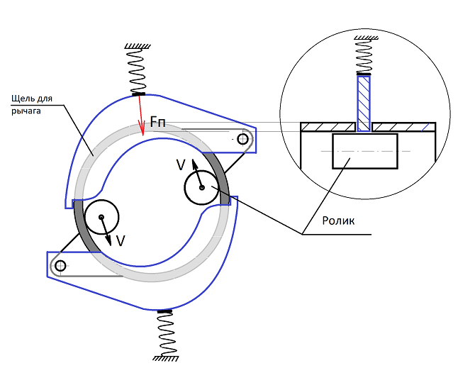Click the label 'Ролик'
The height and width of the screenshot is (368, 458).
[x=338, y=221]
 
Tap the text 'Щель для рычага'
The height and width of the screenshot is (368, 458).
[x=32, y=104]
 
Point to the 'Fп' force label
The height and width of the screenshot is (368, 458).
[x=157, y=121]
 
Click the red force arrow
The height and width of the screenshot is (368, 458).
[x=141, y=116]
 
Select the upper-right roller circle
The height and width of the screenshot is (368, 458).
[x=201, y=187]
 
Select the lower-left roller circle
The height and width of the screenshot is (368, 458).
[x=101, y=217]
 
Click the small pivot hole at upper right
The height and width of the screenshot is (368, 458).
[x=242, y=139]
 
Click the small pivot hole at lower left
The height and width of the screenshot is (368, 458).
[x=60, y=266]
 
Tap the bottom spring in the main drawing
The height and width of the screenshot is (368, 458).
[x=166, y=333]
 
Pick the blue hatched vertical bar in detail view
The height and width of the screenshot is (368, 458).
[x=364, y=104]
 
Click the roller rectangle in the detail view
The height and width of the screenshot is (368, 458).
[x=365, y=151]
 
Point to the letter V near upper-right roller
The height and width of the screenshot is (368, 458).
[x=181, y=165]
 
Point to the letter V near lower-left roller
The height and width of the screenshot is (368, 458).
[x=121, y=241]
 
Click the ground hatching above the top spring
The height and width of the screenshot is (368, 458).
[x=138, y=46]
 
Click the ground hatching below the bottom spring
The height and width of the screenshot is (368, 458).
[x=166, y=358]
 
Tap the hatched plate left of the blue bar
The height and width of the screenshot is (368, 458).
[x=328, y=127]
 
